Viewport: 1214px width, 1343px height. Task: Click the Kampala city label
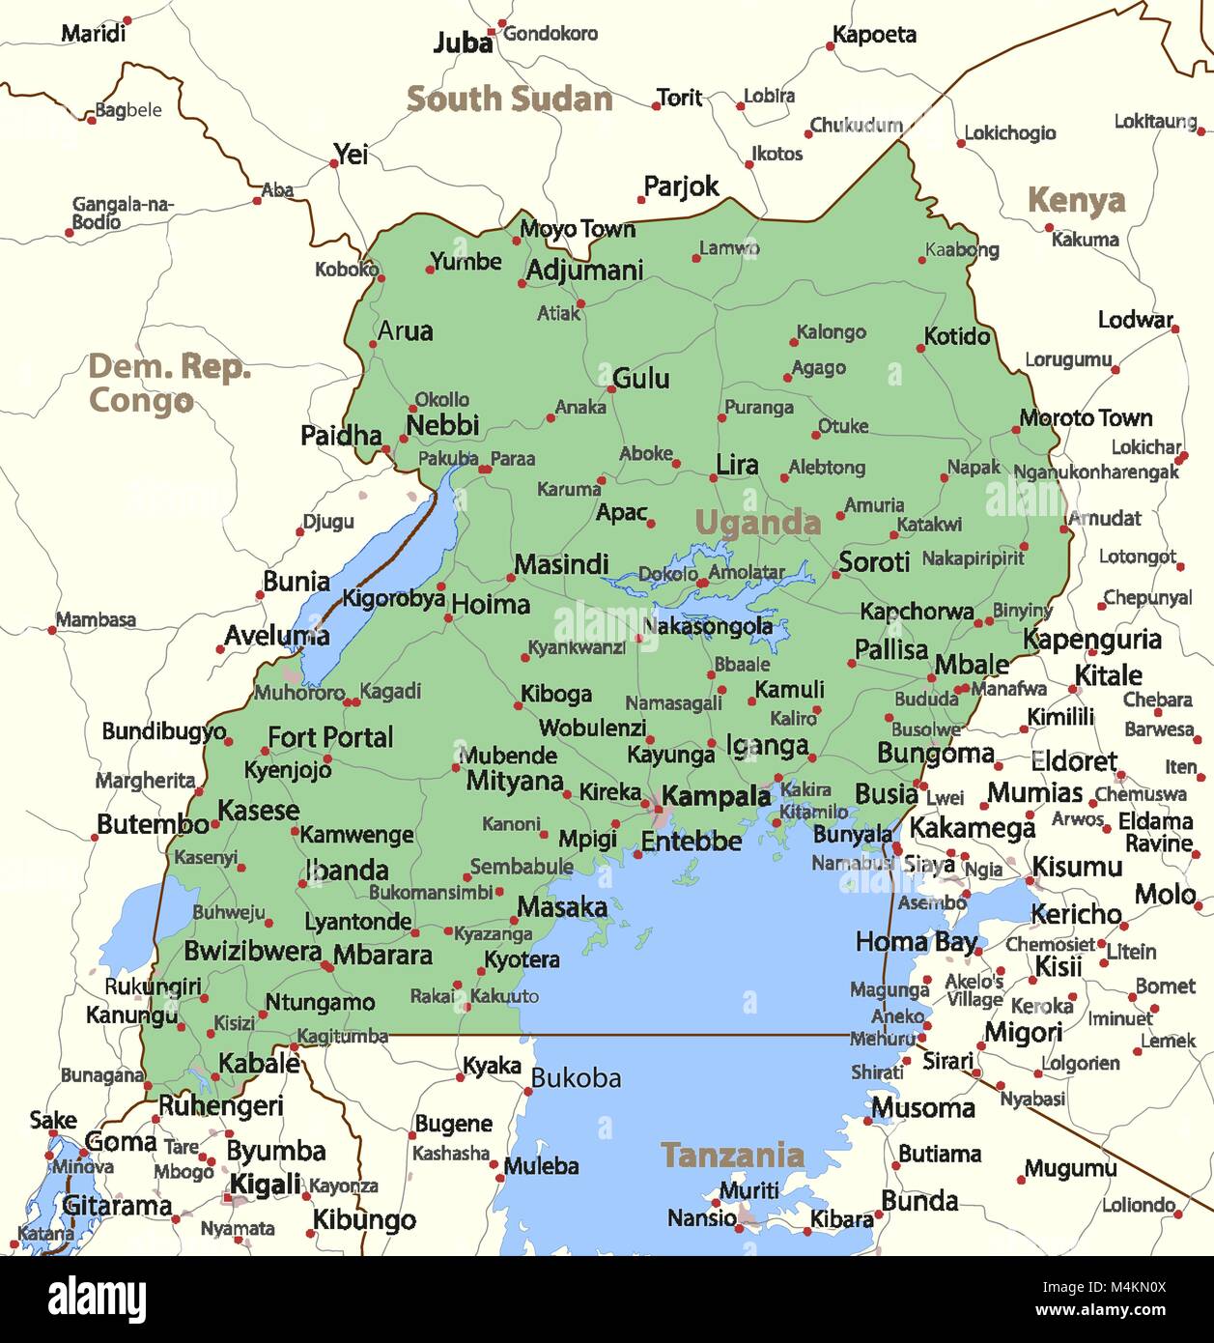716,797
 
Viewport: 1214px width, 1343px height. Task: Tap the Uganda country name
757,523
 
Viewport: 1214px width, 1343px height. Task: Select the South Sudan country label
509,99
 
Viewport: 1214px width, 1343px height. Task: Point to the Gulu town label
641,378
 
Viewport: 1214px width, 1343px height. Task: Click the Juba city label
463,43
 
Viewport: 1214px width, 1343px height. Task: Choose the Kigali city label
265,1185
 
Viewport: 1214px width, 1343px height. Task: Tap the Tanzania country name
732,1155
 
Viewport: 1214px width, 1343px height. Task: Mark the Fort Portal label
330,737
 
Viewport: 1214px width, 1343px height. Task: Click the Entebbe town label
692,842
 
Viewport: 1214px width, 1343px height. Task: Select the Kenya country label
1076,201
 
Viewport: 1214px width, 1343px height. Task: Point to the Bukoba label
576,1078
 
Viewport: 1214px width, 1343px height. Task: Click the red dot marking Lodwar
1175,329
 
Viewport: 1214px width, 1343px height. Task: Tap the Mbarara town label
382,955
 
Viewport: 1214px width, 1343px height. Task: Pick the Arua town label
405,331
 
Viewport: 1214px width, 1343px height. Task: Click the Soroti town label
874,561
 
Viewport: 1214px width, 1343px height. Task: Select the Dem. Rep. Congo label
168,384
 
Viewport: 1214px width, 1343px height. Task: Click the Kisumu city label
1077,867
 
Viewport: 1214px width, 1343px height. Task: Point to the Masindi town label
561,564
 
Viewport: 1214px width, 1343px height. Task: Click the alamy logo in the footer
98,1300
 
